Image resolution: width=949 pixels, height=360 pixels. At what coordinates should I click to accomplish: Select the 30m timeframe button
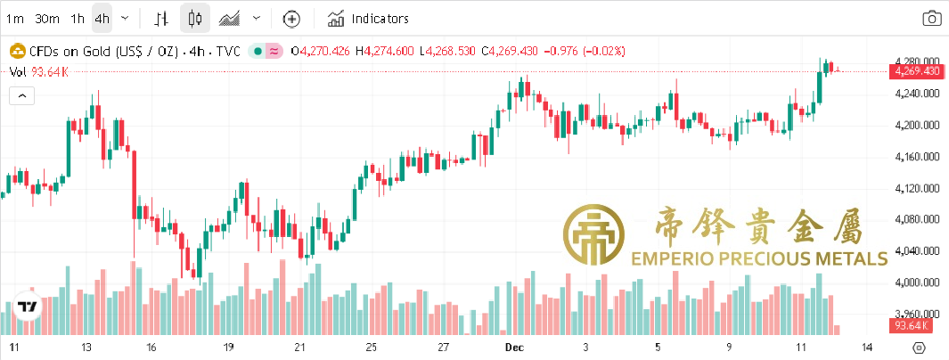tap(46, 18)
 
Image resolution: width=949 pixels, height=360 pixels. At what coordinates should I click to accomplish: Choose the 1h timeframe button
tap(78, 18)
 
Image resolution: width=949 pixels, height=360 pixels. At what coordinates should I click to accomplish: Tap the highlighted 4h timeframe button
tap(102, 18)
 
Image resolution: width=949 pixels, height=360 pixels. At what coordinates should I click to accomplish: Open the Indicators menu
tap(368, 18)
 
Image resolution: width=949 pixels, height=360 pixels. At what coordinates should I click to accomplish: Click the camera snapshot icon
tap(931, 18)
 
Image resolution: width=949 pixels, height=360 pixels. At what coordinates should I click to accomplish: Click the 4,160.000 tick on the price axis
tap(917, 157)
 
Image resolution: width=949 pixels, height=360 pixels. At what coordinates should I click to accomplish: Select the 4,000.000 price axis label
tap(917, 282)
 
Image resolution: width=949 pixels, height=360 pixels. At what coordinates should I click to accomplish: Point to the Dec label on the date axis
tap(512, 347)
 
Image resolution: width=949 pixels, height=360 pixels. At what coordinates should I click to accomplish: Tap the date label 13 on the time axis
tap(86, 347)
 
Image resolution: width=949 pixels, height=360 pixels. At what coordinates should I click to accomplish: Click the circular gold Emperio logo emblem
tap(593, 234)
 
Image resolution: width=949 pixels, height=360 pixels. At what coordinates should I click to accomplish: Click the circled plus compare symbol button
tap(291, 18)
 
